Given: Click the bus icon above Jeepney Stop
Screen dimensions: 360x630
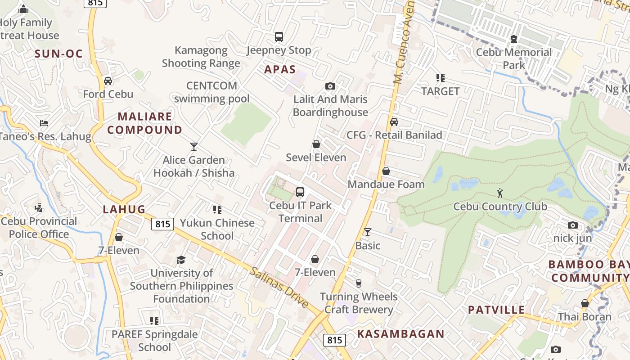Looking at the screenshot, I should (279, 36).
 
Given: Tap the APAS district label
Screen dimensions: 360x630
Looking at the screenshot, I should (280, 69).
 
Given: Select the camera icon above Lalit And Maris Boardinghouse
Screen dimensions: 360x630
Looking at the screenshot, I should (330, 86).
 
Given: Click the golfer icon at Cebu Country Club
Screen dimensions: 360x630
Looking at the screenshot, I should (500, 193).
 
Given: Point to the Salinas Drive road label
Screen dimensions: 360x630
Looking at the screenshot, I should (280, 288).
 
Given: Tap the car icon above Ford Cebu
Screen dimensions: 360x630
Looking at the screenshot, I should (108, 81).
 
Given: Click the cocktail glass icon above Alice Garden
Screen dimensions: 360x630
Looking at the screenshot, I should (194, 147).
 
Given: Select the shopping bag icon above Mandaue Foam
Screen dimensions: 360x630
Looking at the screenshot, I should (386, 171).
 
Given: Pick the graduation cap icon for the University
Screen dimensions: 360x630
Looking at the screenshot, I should (181, 260).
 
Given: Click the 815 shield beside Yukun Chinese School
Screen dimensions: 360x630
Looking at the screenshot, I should (162, 224).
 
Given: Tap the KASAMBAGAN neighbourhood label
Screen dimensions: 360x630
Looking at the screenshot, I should (400, 334).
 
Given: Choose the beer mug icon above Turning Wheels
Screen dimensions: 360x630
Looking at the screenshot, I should (359, 283).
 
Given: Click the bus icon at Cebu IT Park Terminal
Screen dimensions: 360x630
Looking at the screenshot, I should (300, 192).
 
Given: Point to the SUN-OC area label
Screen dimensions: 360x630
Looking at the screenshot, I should (59, 54).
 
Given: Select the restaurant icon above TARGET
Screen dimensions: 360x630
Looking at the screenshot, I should (441, 78).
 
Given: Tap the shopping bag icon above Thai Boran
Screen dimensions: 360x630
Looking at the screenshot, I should (585, 304).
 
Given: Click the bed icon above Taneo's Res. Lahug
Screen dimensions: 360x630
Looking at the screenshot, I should (44, 123).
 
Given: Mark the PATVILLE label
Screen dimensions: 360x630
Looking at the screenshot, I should (496, 310).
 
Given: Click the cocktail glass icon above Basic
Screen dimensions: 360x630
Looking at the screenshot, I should (368, 232).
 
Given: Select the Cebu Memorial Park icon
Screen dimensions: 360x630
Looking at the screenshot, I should (514, 39).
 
